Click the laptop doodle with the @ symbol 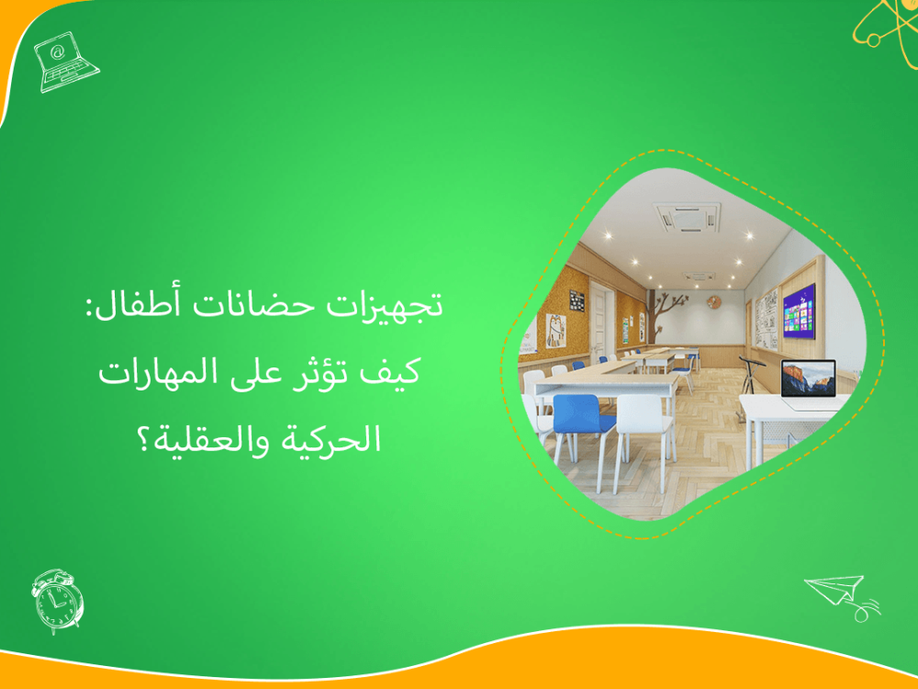click(64, 58)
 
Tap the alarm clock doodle click(57, 600)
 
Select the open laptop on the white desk click(808, 378)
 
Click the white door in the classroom click(601, 322)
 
